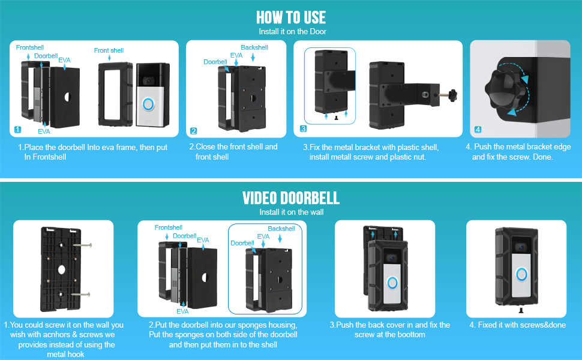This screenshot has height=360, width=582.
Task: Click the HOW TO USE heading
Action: [291, 17]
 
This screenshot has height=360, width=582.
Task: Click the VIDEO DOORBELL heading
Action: [291, 197]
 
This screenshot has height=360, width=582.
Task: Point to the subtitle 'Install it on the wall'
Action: [291, 212]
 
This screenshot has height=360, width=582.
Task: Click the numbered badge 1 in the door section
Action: [17, 130]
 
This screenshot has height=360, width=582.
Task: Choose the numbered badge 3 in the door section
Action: [304, 129]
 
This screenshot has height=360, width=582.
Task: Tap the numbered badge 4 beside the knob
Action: [478, 130]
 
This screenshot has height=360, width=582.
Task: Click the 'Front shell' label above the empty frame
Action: [109, 51]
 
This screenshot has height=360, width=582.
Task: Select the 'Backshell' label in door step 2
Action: [254, 47]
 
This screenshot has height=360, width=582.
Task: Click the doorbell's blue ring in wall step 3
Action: [393, 282]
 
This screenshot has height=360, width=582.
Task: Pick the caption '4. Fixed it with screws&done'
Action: [516, 325]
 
